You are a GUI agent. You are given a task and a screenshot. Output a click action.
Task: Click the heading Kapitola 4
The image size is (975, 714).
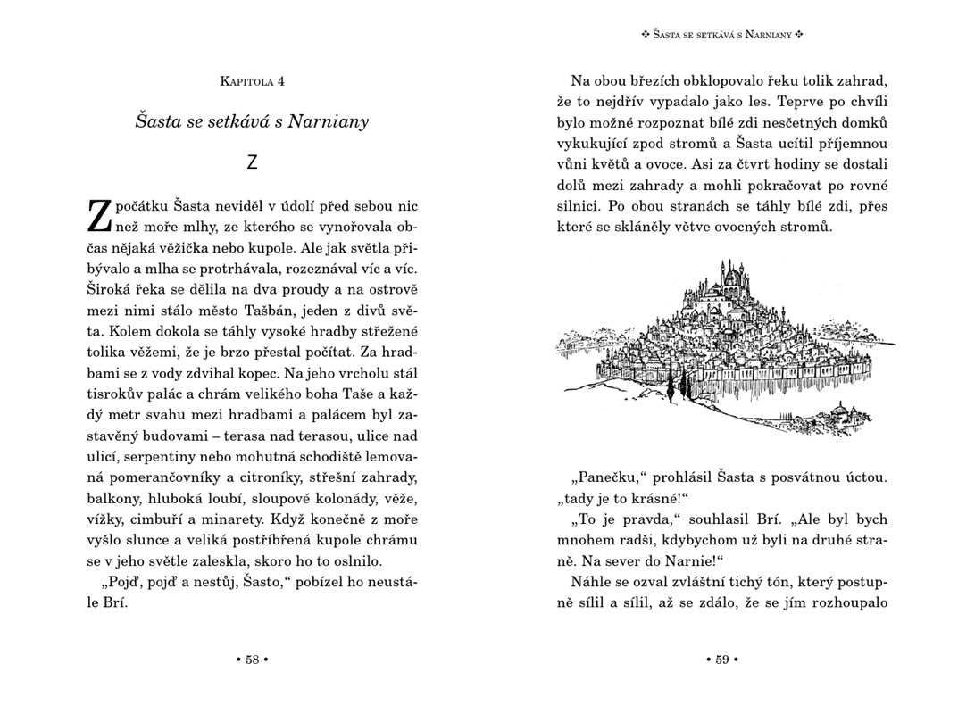252,82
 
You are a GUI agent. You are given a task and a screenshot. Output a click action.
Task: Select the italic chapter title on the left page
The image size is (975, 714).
252,121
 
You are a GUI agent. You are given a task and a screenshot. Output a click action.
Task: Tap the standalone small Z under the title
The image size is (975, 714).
252,162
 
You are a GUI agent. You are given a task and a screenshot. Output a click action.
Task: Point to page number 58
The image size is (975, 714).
252,660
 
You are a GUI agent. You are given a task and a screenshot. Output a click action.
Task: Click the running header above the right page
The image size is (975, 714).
722,35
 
